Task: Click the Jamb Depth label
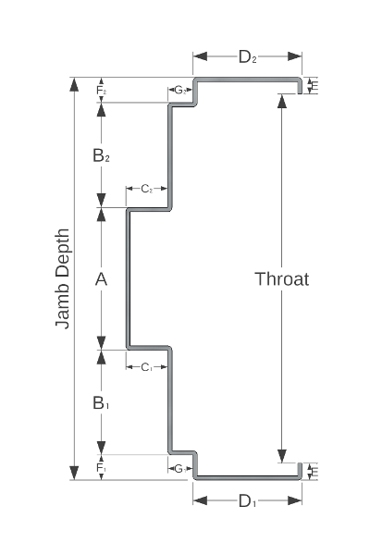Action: [x=63, y=278]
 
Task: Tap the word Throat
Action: [x=282, y=279]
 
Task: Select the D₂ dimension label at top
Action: [x=247, y=56]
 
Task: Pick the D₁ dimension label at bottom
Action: [x=247, y=500]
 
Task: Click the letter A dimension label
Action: [x=101, y=279]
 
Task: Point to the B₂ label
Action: [x=101, y=155]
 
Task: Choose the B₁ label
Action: [x=101, y=402]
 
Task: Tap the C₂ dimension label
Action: [x=146, y=189]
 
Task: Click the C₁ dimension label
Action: [x=146, y=367]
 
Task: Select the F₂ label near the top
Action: [x=101, y=91]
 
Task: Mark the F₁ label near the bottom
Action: [x=101, y=468]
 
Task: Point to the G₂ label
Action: [x=180, y=91]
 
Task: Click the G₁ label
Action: [x=180, y=469]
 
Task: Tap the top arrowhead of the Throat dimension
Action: [x=282, y=100]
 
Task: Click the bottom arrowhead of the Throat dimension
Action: [x=282, y=456]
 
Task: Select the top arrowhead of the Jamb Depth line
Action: [x=74, y=84]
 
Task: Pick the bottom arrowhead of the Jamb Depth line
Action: [x=74, y=473]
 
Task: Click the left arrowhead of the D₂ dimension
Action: [x=200, y=56]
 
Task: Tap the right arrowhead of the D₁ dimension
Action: [x=295, y=500]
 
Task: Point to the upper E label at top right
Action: [x=314, y=86]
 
